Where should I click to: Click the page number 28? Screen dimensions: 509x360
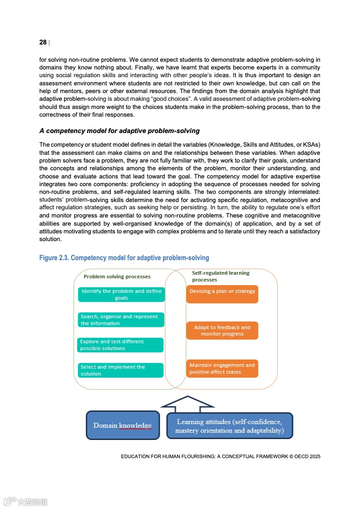43,42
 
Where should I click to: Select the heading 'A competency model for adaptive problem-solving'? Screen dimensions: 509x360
119,131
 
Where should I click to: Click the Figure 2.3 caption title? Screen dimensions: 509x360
124,258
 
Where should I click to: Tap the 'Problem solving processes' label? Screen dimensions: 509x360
117,277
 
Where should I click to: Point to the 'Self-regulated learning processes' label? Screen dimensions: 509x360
221,276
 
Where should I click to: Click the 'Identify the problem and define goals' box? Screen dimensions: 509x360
121,295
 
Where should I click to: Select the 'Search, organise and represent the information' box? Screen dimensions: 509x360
121,320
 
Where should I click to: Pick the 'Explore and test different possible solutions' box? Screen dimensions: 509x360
120,345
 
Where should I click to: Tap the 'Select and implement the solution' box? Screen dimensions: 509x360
120,370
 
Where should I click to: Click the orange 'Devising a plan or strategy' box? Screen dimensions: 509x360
222,294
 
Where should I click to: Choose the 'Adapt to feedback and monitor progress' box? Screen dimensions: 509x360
222,331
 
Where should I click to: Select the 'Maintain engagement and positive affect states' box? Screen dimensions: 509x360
222,368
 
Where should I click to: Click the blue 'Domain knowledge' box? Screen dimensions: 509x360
123,425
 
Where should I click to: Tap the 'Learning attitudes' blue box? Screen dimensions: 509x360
229,426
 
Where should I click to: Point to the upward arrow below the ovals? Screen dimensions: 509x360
187,403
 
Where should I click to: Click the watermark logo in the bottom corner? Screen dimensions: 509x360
25,502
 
